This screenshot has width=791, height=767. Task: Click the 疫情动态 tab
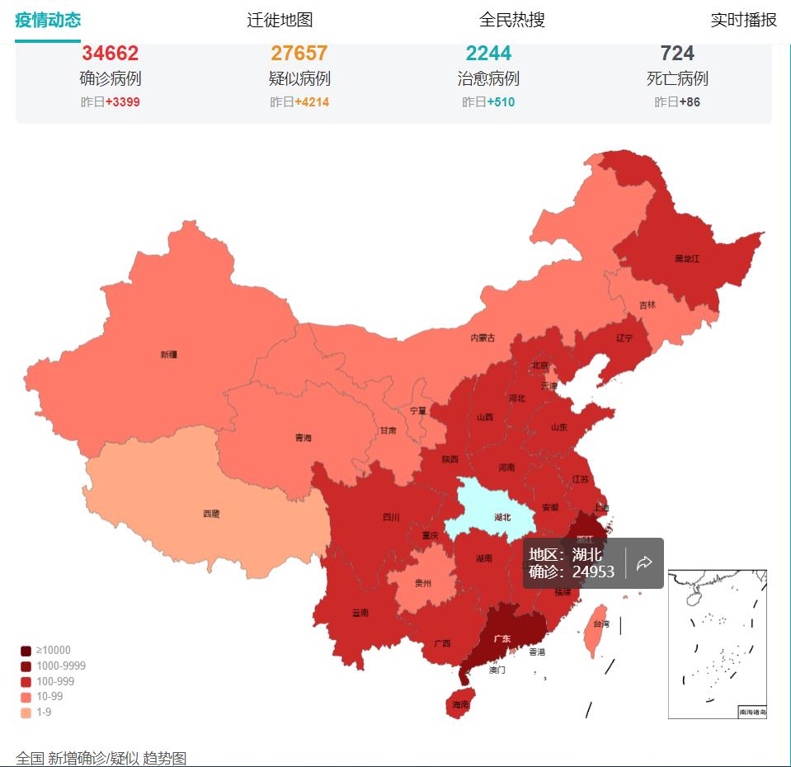click(x=48, y=20)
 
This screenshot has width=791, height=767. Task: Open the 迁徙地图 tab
click(x=280, y=20)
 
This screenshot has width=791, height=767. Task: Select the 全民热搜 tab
click(x=511, y=20)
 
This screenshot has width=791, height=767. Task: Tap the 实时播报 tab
click(x=743, y=20)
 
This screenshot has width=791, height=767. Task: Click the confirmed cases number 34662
click(x=110, y=54)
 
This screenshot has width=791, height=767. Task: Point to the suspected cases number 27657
click(x=299, y=54)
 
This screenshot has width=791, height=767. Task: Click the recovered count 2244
click(x=488, y=54)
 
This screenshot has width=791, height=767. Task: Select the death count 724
click(x=677, y=54)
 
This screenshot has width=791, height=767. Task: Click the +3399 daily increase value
click(x=122, y=102)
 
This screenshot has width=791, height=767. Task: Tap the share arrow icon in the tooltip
click(x=645, y=563)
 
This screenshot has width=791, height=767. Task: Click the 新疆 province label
click(x=168, y=355)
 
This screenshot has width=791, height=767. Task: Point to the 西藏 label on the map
click(x=211, y=514)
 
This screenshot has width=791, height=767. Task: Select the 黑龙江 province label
click(x=686, y=258)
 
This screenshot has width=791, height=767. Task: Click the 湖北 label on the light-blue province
click(x=502, y=517)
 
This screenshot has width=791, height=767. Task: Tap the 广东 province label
click(x=501, y=638)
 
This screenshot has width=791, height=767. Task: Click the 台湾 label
click(x=603, y=625)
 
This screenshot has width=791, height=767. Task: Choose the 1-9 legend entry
click(x=44, y=712)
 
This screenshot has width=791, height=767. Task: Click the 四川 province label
click(x=391, y=517)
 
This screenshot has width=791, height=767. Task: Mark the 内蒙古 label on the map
click(x=483, y=337)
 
